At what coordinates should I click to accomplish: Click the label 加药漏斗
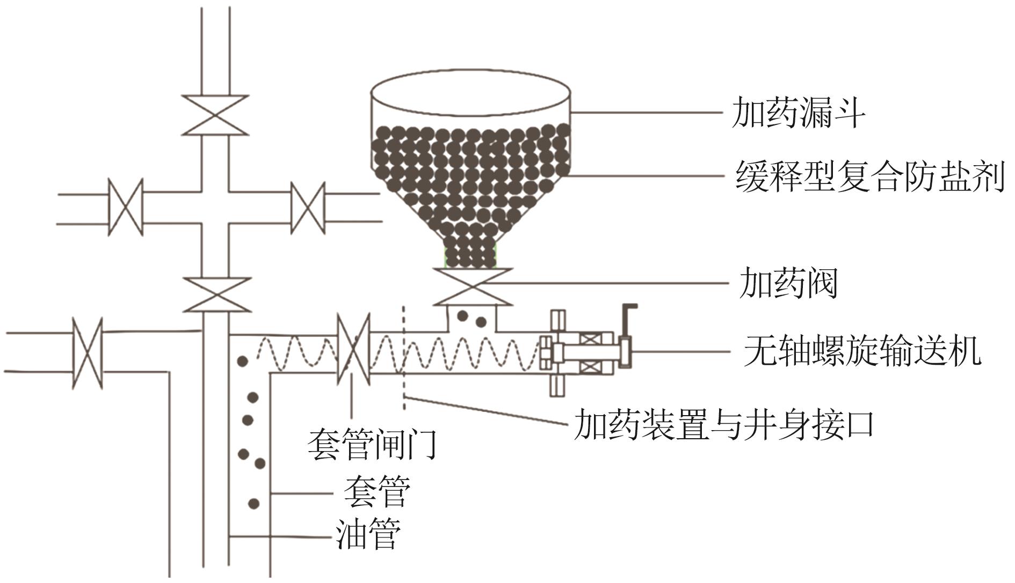click(798, 113)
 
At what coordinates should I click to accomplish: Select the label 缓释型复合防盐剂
click(869, 176)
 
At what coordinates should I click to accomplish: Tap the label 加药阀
click(788, 283)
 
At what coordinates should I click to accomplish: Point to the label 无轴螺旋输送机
click(862, 351)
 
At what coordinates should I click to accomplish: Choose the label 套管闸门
click(372, 445)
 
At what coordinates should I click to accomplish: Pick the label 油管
click(368, 534)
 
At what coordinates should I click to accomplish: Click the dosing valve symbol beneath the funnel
click(473, 286)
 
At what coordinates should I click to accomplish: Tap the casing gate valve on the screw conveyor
click(353, 349)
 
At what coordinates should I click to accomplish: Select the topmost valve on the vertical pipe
click(215, 115)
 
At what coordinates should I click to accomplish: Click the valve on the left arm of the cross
click(126, 207)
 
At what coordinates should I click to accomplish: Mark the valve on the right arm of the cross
click(308, 208)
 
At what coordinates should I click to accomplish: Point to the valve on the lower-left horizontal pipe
click(88, 353)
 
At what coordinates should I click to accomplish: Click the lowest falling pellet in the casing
click(253, 504)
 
